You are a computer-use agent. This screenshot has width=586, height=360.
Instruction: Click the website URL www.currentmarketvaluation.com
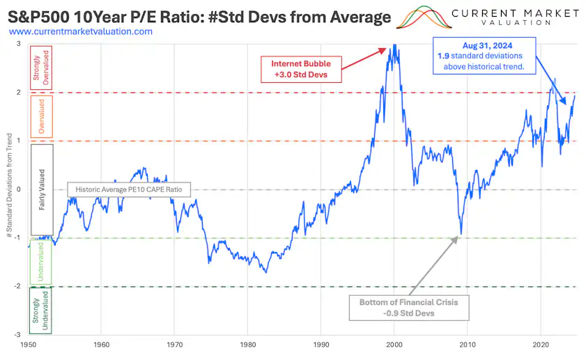82,31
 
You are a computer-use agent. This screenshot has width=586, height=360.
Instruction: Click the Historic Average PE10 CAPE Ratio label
128,189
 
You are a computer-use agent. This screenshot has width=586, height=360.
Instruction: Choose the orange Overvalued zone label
40,116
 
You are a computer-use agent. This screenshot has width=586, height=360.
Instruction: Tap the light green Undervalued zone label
40,263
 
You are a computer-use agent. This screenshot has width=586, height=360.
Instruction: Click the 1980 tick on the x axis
248,345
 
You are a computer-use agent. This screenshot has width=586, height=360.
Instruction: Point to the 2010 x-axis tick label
468,345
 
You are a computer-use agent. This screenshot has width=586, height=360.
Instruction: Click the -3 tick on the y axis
19,335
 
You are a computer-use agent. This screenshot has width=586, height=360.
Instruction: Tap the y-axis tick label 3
19,44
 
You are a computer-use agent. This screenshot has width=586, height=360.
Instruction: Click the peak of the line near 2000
394,45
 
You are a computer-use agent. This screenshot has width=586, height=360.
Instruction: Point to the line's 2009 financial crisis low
461,234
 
